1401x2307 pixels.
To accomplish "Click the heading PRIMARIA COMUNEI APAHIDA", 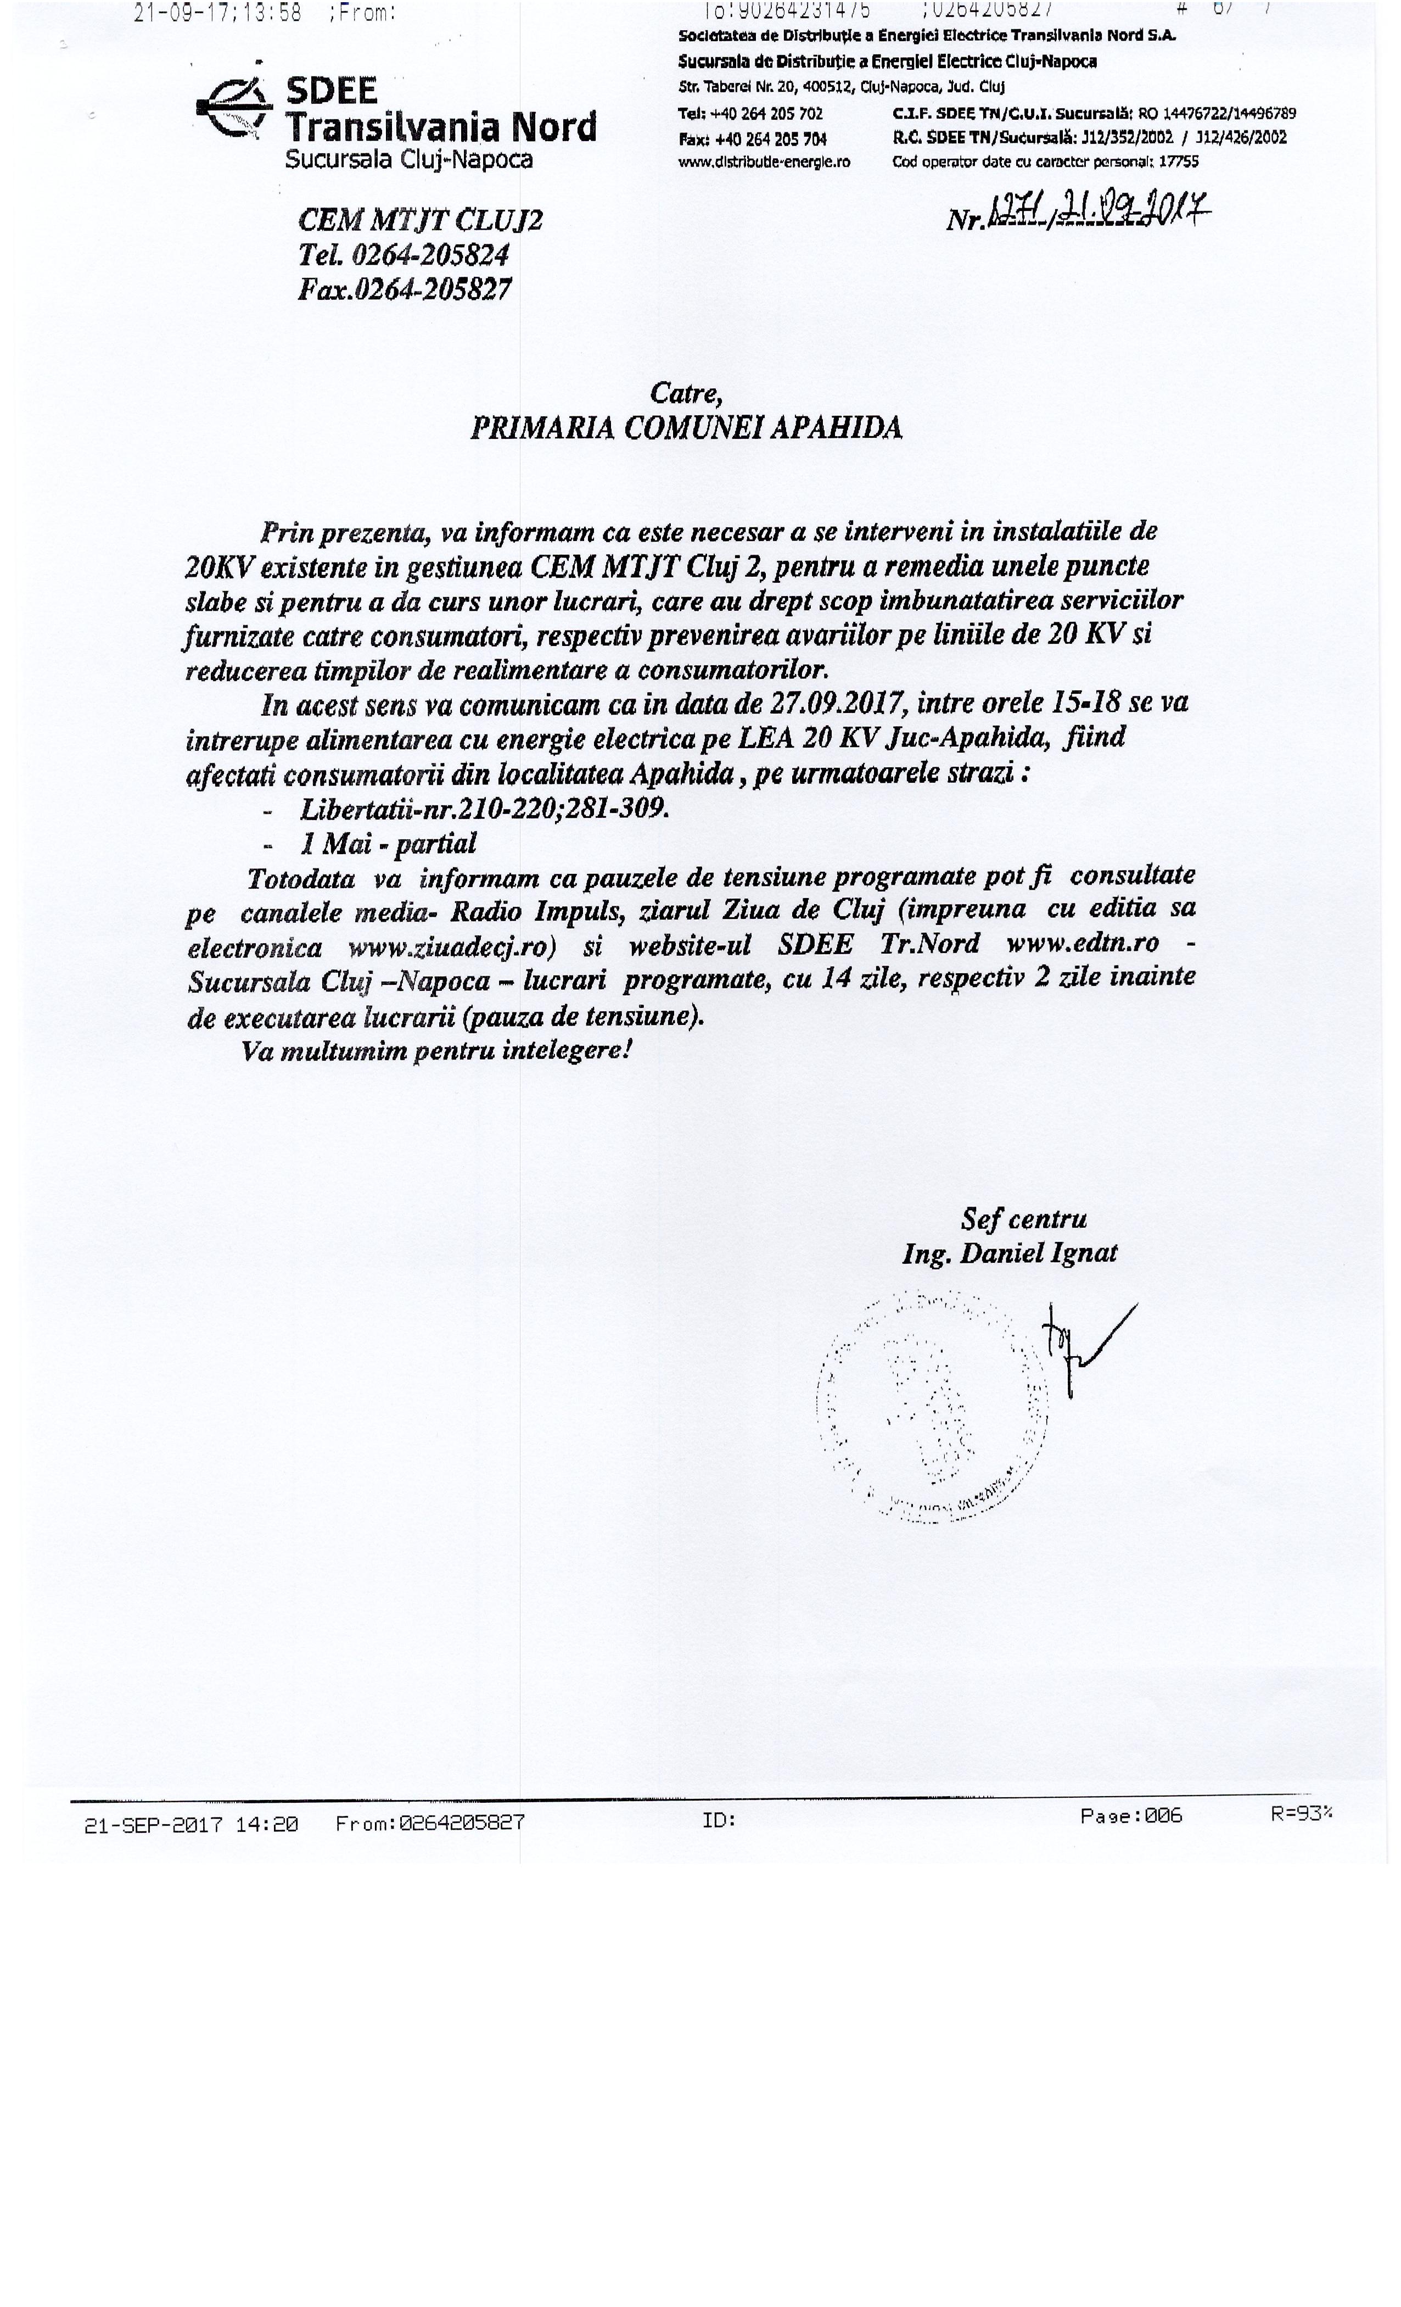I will click(685, 428).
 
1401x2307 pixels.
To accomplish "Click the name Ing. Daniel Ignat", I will click(1009, 1253).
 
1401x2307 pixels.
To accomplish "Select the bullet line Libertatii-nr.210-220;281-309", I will click(484, 808).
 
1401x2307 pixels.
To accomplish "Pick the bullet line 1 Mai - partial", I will click(388, 844).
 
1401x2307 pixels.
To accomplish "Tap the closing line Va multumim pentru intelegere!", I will click(436, 1050).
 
